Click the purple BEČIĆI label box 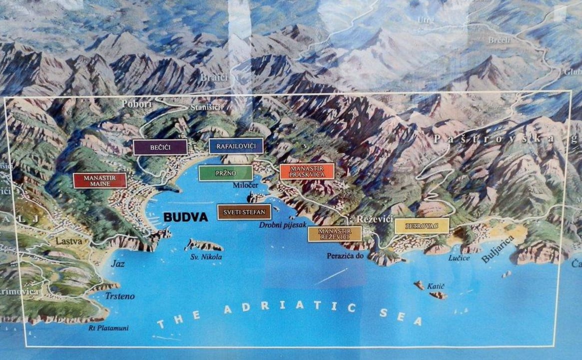click(160, 147)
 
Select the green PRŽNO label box click(225, 173)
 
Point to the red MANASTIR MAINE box click(100, 180)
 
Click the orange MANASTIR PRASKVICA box click(307, 171)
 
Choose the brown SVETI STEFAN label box click(244, 212)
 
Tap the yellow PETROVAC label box click(422, 226)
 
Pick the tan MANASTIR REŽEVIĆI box click(335, 233)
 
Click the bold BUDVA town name click(185, 217)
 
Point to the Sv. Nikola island click(203, 245)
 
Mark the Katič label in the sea click(436, 286)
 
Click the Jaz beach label click(118, 263)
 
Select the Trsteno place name click(120, 296)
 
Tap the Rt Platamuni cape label click(108, 328)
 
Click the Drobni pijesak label click(282, 225)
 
